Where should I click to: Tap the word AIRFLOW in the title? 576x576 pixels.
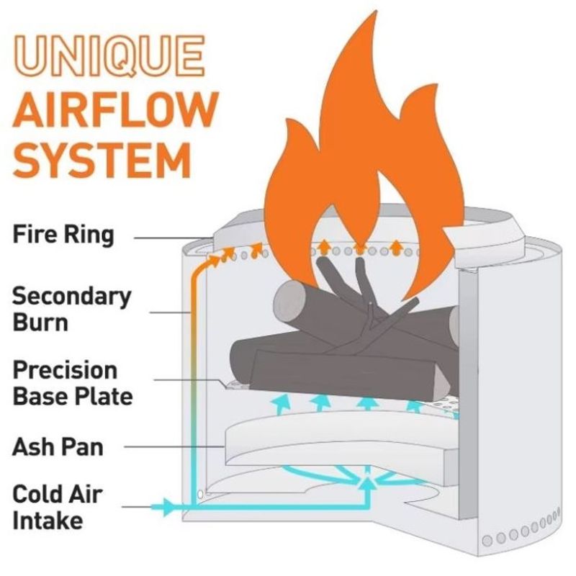coord(115,109)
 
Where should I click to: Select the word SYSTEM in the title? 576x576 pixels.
coord(102,161)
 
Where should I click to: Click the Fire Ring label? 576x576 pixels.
coord(63,235)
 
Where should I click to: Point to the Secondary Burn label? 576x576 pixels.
coord(71,310)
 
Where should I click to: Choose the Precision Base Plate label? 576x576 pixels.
coord(73,383)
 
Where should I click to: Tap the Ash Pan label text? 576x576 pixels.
coord(58,447)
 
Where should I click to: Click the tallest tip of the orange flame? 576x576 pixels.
coord(376,11)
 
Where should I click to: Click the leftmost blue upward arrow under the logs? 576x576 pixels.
coord(282,404)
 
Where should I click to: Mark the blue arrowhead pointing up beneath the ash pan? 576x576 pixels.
coord(366,484)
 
